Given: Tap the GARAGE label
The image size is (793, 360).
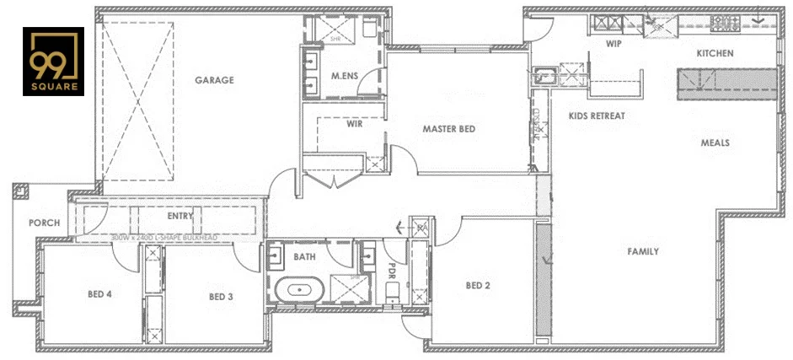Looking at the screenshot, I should [214, 81].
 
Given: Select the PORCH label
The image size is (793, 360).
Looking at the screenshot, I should [44, 223].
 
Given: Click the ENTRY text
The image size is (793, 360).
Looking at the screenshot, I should [180, 216].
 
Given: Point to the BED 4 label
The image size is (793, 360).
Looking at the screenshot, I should [100, 294].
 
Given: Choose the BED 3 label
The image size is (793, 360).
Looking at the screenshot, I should [221, 296].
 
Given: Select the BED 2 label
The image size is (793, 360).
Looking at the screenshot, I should [478, 286].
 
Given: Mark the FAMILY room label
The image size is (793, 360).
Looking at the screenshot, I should [642, 251].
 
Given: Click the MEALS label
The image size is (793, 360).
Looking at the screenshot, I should [715, 142].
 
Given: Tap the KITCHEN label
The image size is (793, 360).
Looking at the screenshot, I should [714, 53].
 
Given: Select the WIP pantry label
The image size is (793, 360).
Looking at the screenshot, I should [614, 44].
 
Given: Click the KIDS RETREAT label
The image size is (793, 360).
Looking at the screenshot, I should [597, 116].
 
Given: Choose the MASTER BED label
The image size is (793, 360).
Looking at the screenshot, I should [449, 129].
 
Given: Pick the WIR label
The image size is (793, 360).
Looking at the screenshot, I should [354, 123].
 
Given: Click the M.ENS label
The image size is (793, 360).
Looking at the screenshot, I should [344, 76].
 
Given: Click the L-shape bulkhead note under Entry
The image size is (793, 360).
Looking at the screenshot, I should [165, 238].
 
